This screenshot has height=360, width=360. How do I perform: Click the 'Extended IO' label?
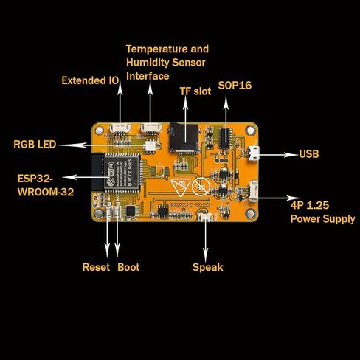click(x=90, y=80)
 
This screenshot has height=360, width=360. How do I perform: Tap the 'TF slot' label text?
click(x=195, y=91)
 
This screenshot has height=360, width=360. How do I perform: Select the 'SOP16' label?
click(x=235, y=86)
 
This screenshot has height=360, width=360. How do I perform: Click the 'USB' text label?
click(x=309, y=154)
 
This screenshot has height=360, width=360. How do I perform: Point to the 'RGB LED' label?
click(x=35, y=145)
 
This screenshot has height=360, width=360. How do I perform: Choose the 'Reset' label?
click(x=96, y=267)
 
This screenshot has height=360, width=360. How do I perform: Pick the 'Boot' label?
click(x=128, y=267)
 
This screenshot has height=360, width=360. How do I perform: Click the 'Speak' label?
click(x=208, y=268)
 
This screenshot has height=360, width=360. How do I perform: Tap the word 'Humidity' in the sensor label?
click(x=148, y=63)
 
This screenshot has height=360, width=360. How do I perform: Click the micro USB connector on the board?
click(x=254, y=153)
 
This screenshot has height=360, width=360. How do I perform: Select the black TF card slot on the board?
click(x=184, y=137)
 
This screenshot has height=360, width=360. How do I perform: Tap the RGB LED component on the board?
click(x=150, y=146)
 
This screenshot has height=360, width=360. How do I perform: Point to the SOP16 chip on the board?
click(x=226, y=139)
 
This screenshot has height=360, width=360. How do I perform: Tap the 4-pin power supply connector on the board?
click(x=254, y=191)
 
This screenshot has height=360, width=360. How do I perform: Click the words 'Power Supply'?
click(x=322, y=219)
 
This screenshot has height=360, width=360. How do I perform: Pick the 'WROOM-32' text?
click(x=46, y=192)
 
